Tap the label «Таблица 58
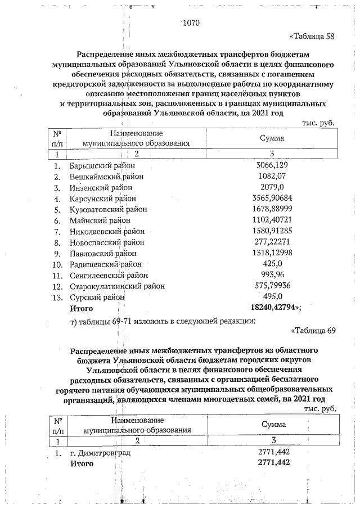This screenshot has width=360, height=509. click(x=312, y=37)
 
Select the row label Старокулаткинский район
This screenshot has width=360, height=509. click(x=117, y=286)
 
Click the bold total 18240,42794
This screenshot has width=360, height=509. click(x=276, y=308)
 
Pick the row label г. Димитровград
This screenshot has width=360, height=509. click(x=100, y=452)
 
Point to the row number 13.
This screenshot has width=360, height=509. click(x=57, y=297)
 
